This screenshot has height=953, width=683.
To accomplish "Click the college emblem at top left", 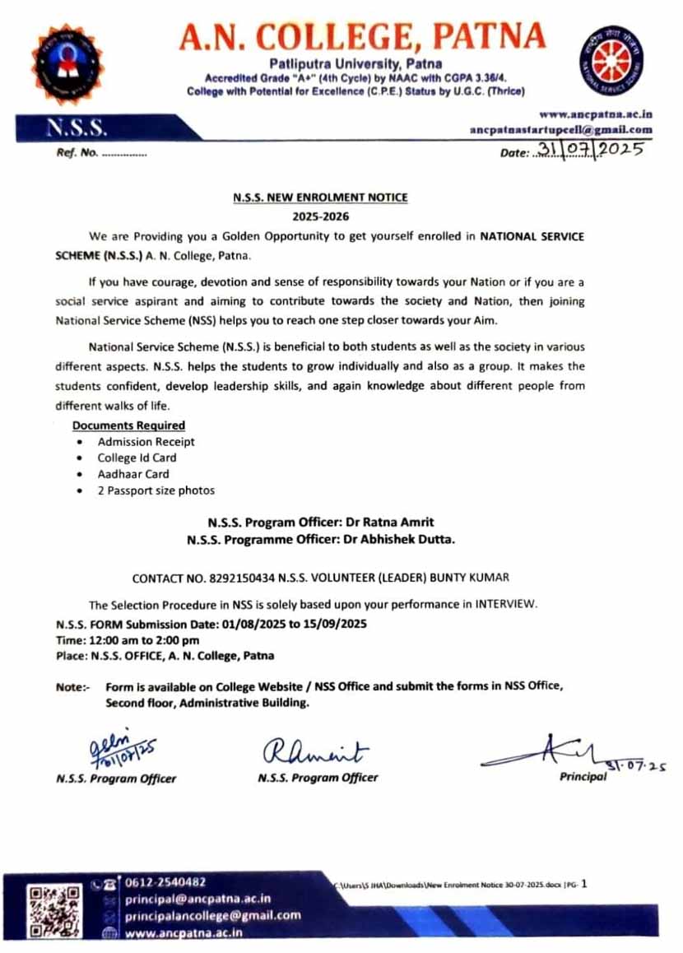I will (x=67, y=64).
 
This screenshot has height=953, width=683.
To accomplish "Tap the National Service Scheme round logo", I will (x=616, y=61).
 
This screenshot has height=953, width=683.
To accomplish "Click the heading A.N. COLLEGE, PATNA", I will (x=362, y=36).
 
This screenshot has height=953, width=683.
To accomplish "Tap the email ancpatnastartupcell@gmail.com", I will (x=561, y=129).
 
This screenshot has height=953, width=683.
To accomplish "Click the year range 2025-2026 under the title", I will (x=321, y=216).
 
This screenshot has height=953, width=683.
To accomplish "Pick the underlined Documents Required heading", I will (x=128, y=425).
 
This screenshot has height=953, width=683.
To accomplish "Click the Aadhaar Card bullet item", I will (x=133, y=474).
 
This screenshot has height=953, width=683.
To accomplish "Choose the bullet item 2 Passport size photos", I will (x=156, y=490).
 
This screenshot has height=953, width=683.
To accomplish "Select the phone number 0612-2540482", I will (x=165, y=882).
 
